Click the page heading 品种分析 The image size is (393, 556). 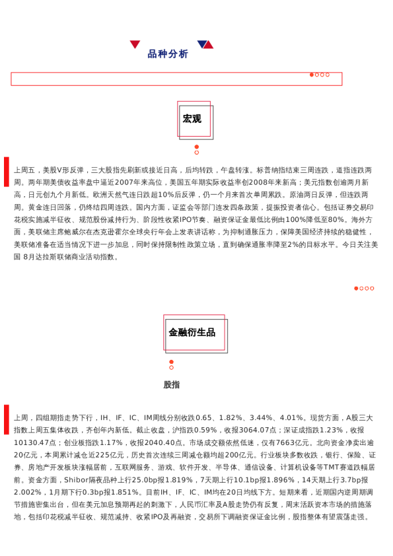point(168,54)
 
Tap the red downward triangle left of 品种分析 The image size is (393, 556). point(135,44)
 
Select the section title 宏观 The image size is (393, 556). point(192,119)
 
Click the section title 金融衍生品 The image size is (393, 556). point(192,332)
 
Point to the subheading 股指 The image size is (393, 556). point(172,384)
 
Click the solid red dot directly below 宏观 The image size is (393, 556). point(197,147)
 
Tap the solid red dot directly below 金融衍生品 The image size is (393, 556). point(172,362)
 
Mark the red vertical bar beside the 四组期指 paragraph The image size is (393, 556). point(7,419)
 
